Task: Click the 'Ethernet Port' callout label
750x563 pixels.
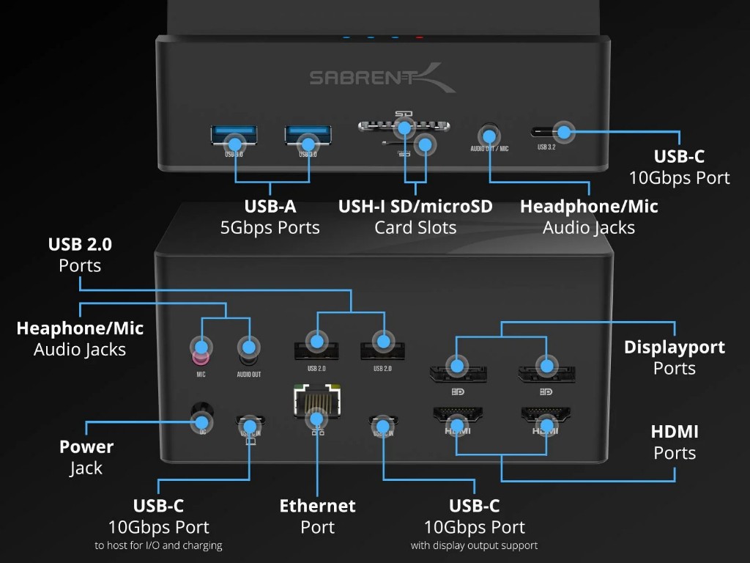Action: tap(317, 516)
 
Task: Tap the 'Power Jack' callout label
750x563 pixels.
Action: tap(86, 457)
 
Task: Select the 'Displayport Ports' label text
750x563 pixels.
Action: tap(674, 357)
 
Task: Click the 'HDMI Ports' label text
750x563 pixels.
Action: tap(674, 441)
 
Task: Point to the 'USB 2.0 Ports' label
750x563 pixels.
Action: tap(80, 254)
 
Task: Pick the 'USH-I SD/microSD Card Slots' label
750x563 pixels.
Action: tap(415, 216)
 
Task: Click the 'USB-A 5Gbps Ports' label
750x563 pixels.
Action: tap(270, 216)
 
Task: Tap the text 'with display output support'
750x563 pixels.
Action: tap(475, 545)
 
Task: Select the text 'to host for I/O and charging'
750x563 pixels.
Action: tap(158, 545)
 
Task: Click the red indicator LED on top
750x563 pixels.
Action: tap(420, 36)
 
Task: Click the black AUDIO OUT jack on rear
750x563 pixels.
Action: tap(248, 351)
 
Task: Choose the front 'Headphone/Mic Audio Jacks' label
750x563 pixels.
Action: tap(589, 216)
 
